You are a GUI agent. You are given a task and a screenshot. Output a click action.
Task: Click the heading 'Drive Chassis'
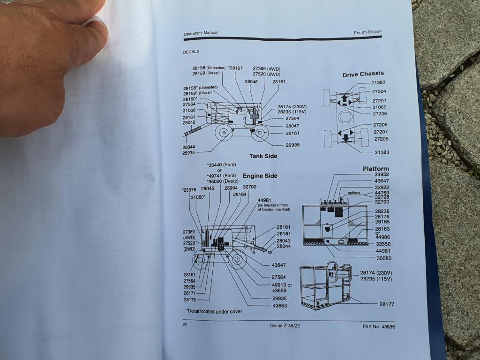pos(363,74)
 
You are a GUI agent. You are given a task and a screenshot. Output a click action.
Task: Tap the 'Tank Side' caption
pos(263,156)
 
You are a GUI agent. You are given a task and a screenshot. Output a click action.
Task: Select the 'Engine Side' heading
pos(260,176)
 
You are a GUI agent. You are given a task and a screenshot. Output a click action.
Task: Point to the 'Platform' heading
pos(375,169)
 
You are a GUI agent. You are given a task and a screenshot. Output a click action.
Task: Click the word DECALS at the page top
pos(191,52)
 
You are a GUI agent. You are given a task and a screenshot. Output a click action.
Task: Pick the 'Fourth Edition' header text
pos(367,32)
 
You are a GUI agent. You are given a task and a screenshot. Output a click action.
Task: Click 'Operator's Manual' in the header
pos(201,33)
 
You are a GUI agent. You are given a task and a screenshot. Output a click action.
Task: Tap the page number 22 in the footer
pos(185,324)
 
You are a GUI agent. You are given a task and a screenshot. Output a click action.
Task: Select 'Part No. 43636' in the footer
pos(378,326)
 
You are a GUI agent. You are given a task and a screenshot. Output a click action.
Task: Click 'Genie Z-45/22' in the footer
pos(286,326)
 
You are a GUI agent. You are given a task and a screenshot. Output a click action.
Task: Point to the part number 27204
pos(379,92)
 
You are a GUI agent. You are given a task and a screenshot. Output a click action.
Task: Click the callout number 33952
pos(382,175)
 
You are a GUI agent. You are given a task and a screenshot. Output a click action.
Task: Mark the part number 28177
pos(387,304)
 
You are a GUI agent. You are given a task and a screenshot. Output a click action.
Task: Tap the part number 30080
pos(383,258)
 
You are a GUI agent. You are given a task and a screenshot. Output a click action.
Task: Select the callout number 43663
pos(279,306)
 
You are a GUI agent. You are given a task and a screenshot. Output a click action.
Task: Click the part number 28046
pos(251,82)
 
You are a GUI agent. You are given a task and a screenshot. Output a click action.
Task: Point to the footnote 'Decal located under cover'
pos(214,311)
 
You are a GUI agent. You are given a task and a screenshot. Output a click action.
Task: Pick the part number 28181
pos(284,233)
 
